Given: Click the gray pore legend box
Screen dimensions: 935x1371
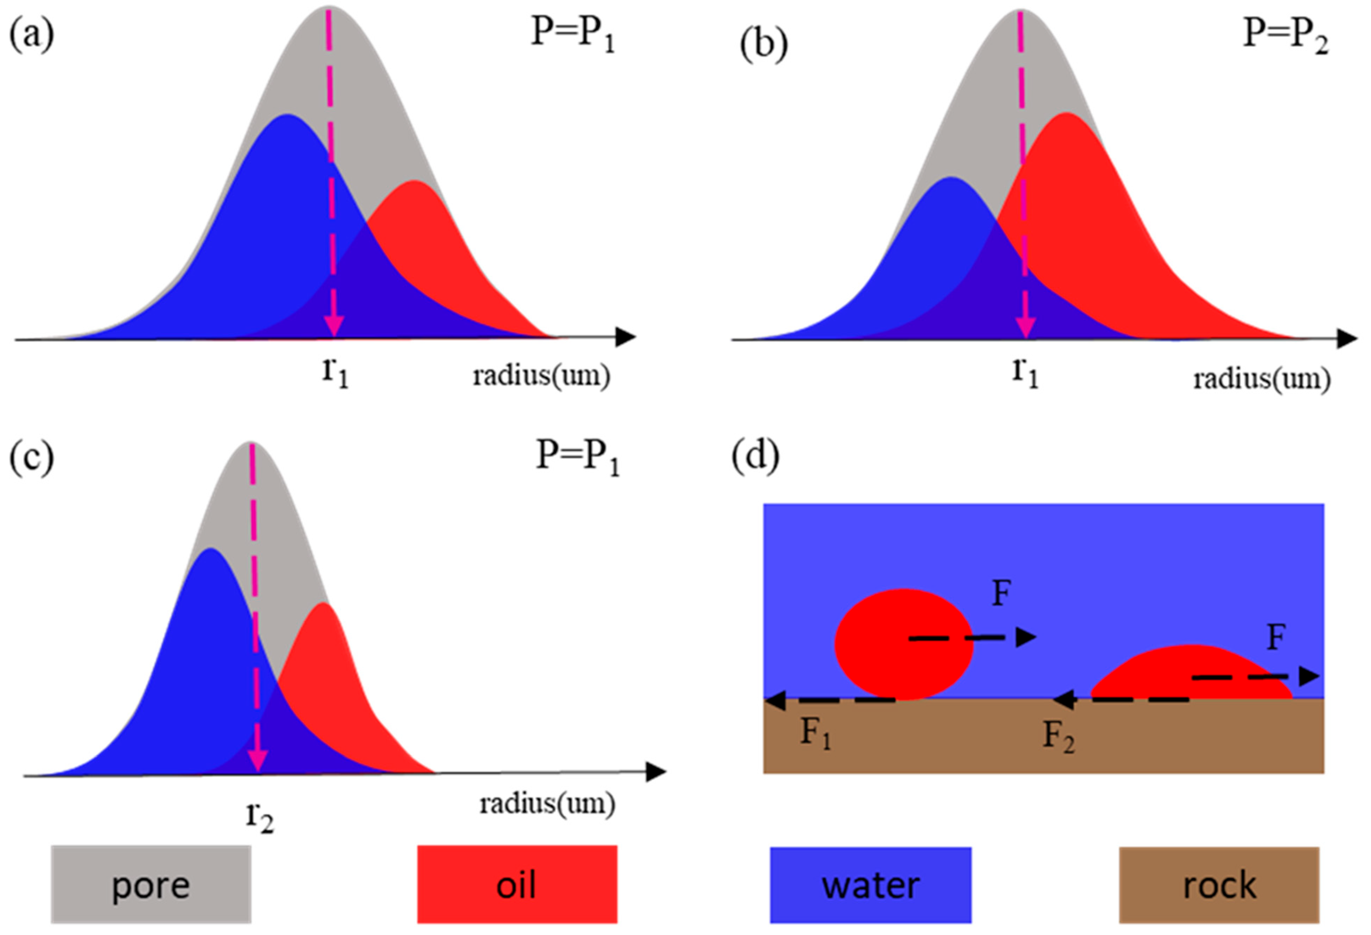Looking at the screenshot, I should click(x=151, y=884).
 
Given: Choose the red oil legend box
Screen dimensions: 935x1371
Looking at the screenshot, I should click(x=517, y=884).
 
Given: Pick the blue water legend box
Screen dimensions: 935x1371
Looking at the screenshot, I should click(x=871, y=884).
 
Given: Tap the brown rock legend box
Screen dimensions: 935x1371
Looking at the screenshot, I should click(x=1219, y=884).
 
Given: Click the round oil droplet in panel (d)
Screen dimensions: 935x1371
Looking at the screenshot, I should click(x=903, y=644).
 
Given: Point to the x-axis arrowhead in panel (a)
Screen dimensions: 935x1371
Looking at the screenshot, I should click(x=625, y=338).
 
